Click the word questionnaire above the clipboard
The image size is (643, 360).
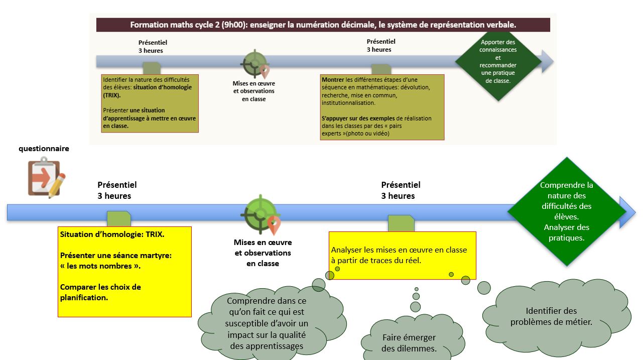pos(44,149)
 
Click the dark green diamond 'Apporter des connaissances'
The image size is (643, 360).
pos(498,61)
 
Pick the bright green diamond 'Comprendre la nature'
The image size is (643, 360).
pos(567,212)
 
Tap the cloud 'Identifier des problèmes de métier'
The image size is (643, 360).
pos(551,316)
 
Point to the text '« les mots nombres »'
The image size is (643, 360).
pos(100,266)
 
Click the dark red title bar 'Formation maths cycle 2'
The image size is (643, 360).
pos(323,25)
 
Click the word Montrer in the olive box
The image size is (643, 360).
pos(333,80)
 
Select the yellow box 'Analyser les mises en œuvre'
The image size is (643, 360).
pos(402,255)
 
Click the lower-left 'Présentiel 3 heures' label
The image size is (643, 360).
pos(117,190)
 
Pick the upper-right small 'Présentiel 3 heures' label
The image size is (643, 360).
pos(381,46)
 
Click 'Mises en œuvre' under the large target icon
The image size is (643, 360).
pos(263,243)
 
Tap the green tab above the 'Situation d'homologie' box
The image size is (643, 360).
pos(119,219)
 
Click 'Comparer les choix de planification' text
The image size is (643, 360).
pos(100,292)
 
